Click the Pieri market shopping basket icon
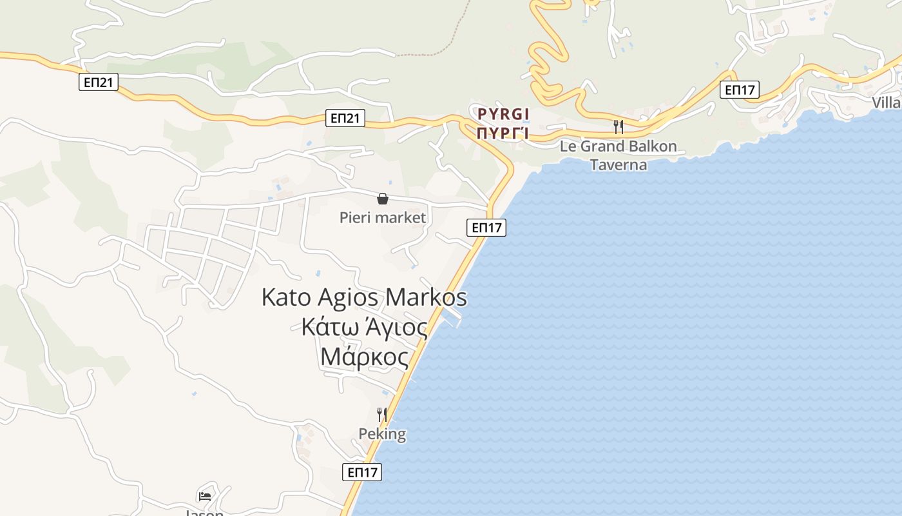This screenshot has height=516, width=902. tap(383, 199)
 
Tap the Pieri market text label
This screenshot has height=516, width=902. tap(383, 217)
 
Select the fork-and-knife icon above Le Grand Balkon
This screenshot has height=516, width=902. tap(619, 126)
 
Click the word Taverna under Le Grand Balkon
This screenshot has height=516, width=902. tap(619, 164)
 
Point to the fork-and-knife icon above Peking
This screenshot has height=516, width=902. tap(383, 414)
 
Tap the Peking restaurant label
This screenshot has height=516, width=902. tap(383, 433)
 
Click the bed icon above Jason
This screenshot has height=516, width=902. tap(205, 496)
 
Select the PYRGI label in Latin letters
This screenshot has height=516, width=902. tap(503, 115)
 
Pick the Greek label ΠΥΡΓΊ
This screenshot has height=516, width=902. tap(503, 134)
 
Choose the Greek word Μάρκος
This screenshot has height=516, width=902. tap(364, 357)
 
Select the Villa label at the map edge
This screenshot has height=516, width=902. tap(887, 103)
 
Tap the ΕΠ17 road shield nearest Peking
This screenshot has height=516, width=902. tap(362, 472)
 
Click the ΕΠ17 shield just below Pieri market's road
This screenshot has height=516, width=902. tap(486, 227)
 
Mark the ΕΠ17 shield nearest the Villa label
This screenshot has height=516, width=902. tap(740, 90)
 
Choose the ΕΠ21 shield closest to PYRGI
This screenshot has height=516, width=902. tap(345, 118)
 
